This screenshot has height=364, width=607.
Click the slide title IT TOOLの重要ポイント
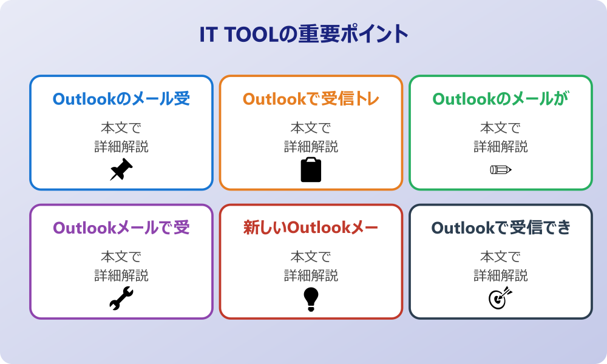click(303, 34)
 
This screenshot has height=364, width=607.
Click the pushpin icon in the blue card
click(121, 169)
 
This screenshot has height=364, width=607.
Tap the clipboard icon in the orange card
click(311, 170)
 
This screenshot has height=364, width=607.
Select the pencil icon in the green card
click(501, 169)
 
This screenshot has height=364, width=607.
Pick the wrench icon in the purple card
click(121, 298)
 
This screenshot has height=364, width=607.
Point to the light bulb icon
click(311, 298)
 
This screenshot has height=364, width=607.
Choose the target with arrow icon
click(501, 298)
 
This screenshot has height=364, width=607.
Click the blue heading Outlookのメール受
click(121, 99)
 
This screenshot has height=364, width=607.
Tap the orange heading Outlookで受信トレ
click(311, 99)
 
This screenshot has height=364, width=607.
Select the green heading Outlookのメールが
click(501, 99)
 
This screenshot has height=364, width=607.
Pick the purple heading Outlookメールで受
click(121, 227)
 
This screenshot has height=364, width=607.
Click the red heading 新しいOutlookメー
click(311, 227)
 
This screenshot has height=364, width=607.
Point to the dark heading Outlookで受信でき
click(501, 227)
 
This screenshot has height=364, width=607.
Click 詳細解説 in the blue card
click(121, 146)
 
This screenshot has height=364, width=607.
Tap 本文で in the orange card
click(311, 128)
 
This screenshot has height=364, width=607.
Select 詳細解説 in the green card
click(501, 146)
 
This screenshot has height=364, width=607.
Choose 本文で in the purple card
click(121, 257)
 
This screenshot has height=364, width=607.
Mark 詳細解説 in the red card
click(311, 275)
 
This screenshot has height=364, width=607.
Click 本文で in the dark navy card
click(501, 257)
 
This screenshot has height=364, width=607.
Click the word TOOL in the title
click(248, 34)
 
